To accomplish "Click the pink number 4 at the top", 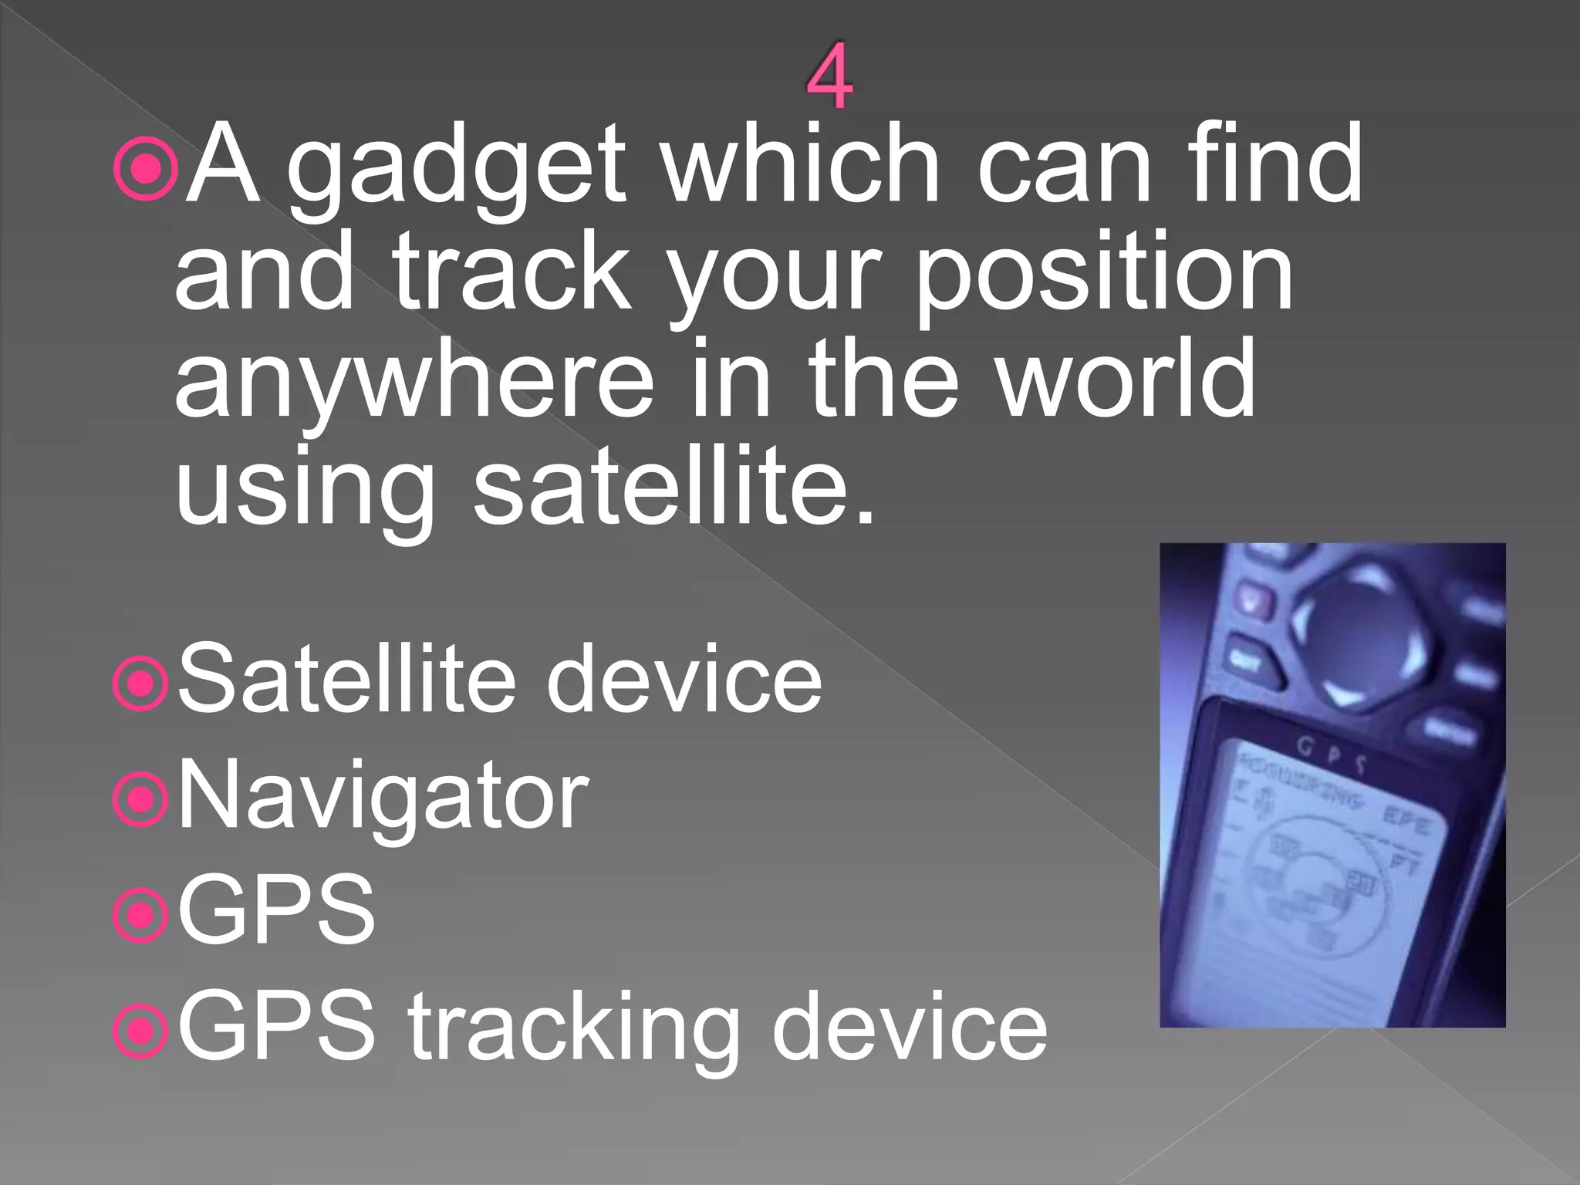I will (x=830, y=77).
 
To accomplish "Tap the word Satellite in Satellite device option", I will (x=346, y=680).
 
